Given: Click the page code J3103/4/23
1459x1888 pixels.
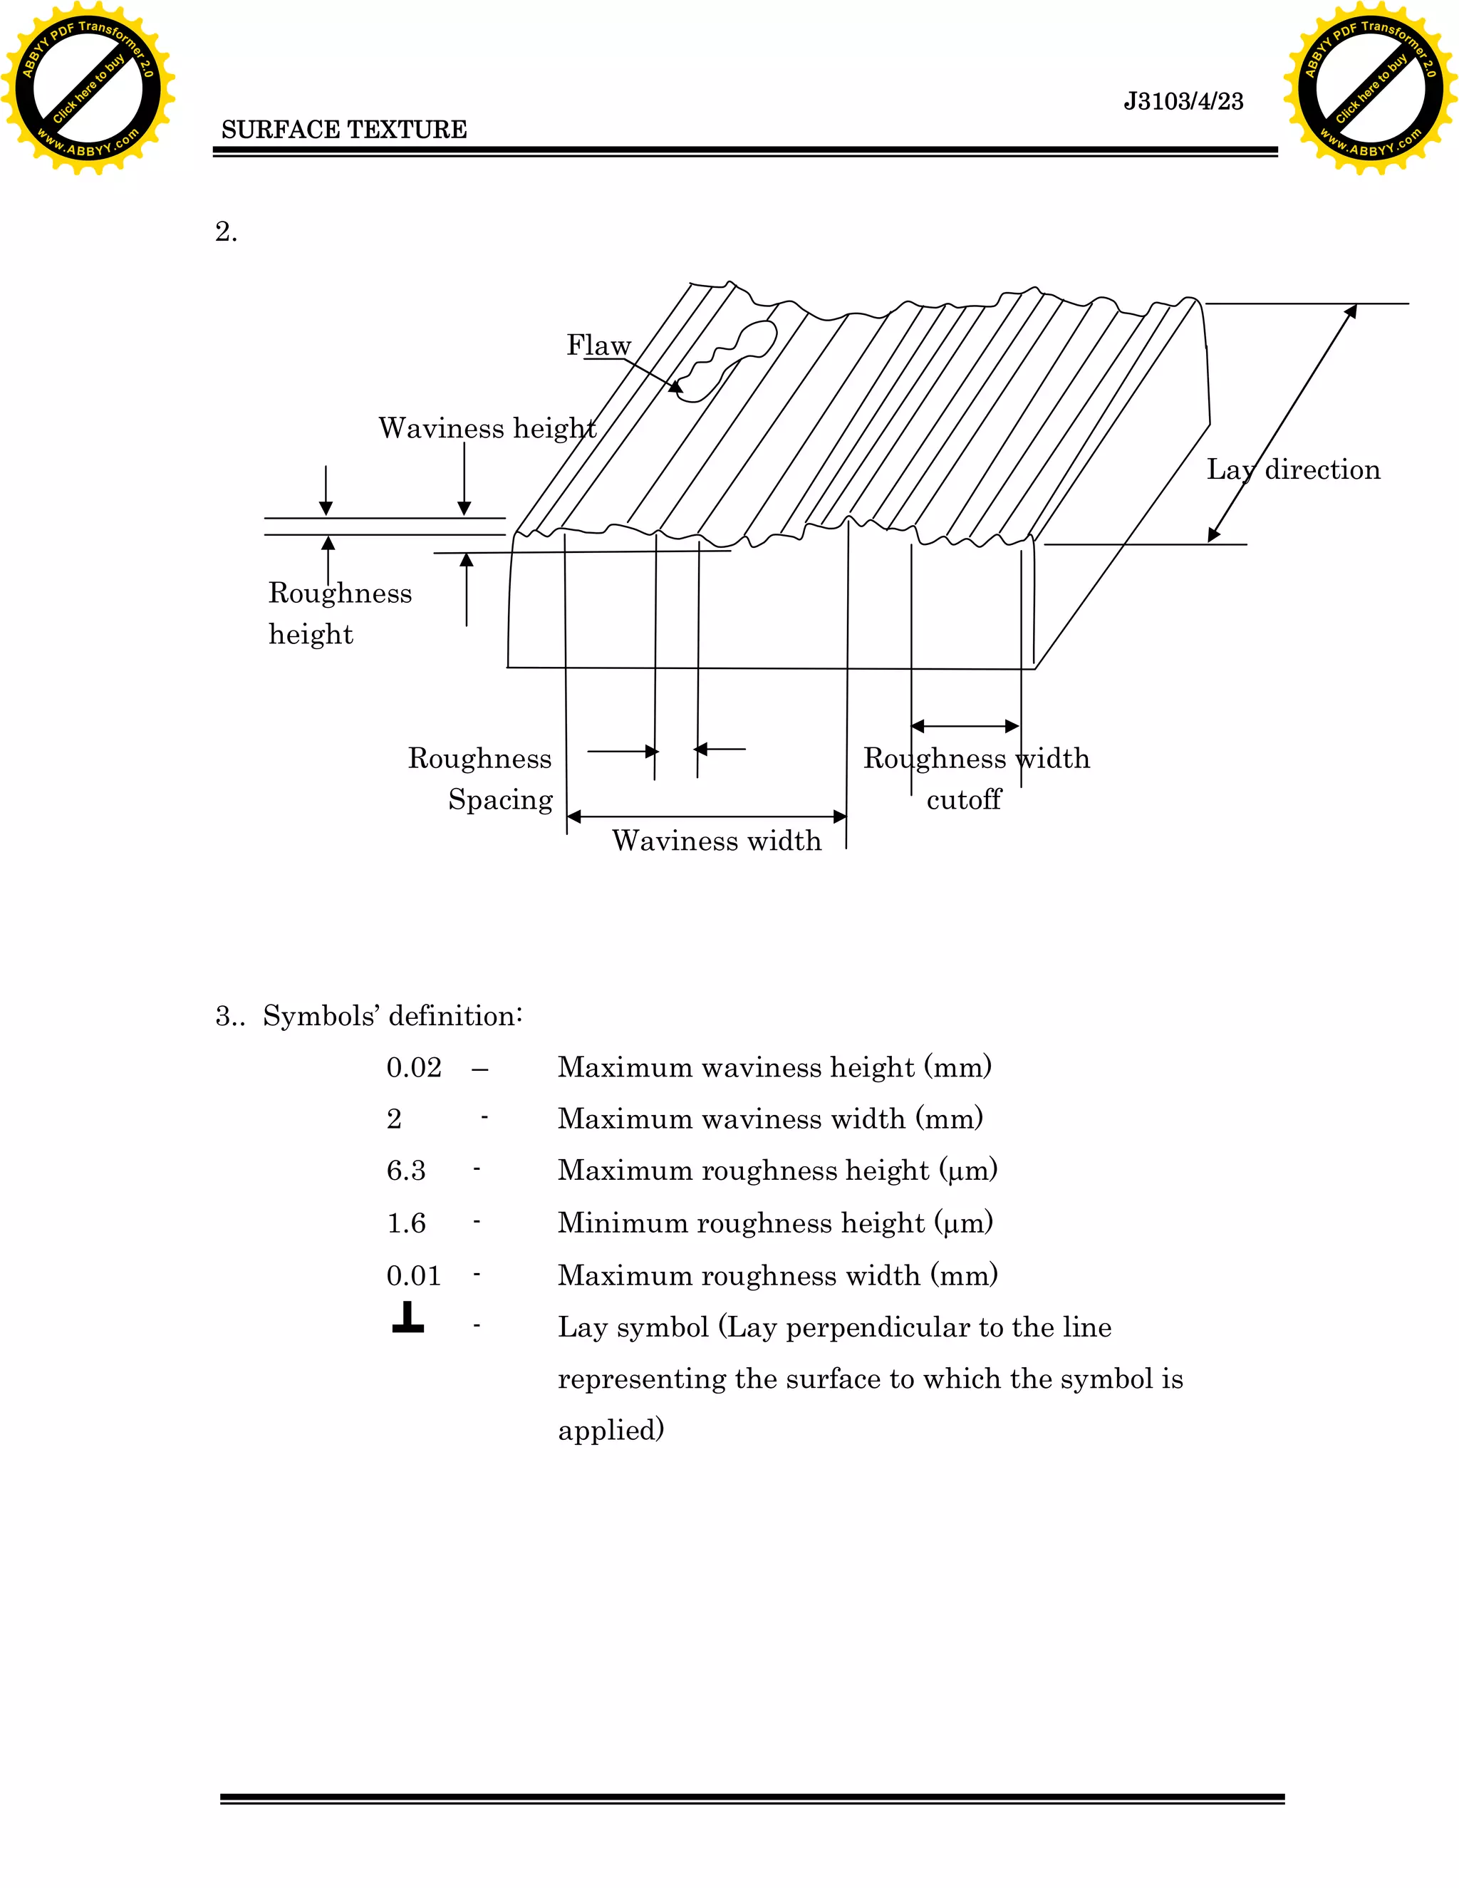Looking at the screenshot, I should [x=1183, y=101].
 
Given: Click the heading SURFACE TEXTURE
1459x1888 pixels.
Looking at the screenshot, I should [x=344, y=130].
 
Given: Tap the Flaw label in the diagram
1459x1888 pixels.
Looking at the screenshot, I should [x=598, y=345].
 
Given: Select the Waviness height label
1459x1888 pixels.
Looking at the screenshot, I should [x=487, y=428].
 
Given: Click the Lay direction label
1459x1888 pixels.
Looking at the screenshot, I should [x=1293, y=470].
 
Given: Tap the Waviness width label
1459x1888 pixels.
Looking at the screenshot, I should [x=717, y=840].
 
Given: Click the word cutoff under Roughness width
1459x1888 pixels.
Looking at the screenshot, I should [x=963, y=799].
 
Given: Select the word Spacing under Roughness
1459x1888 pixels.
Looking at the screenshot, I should [x=500, y=799].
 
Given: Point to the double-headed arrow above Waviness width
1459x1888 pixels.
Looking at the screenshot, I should [x=706, y=816].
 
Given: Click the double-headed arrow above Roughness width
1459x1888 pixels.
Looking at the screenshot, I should [x=965, y=726].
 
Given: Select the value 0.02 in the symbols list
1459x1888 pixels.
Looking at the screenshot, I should [x=413, y=1068].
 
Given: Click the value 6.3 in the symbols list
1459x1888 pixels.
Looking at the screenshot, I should [x=405, y=1171].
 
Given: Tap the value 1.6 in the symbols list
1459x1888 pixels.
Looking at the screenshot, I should [x=405, y=1223].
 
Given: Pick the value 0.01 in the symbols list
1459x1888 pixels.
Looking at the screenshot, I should [x=413, y=1276].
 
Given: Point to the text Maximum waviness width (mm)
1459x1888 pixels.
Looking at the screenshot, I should [x=770, y=1119].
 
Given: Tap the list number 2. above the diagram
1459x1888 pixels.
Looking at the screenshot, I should [x=226, y=232].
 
